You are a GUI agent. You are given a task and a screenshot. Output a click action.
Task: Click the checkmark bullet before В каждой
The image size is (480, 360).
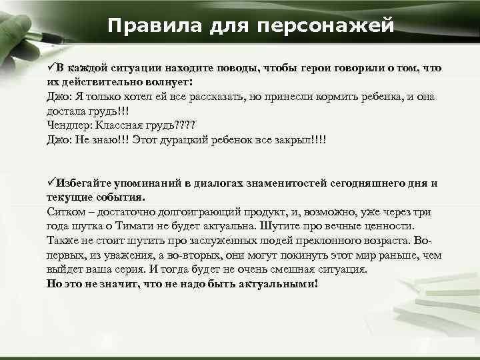[51, 68]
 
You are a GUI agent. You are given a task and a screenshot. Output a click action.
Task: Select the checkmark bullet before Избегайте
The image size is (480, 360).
[51, 183]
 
